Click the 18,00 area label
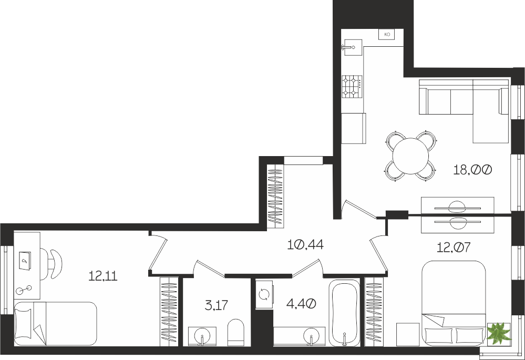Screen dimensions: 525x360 point(472,170)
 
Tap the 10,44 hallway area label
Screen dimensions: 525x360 point(305,245)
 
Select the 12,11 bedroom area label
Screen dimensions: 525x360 point(103,276)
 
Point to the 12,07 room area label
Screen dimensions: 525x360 point(454,248)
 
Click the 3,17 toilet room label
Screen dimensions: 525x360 point(217,305)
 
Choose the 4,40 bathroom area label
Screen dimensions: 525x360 point(301,304)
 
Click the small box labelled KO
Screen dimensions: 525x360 point(387,34)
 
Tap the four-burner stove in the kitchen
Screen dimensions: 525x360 point(352,86)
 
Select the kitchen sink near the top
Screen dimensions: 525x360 point(352,47)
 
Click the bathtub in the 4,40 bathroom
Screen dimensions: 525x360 point(344,313)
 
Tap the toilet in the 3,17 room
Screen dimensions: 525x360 point(236,332)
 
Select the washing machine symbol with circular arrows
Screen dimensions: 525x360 point(264,294)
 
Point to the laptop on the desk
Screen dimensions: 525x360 point(25,260)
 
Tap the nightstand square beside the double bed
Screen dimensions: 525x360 point(408,334)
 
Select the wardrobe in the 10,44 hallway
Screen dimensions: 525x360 point(275,197)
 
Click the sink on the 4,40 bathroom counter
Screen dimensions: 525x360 point(311,336)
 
